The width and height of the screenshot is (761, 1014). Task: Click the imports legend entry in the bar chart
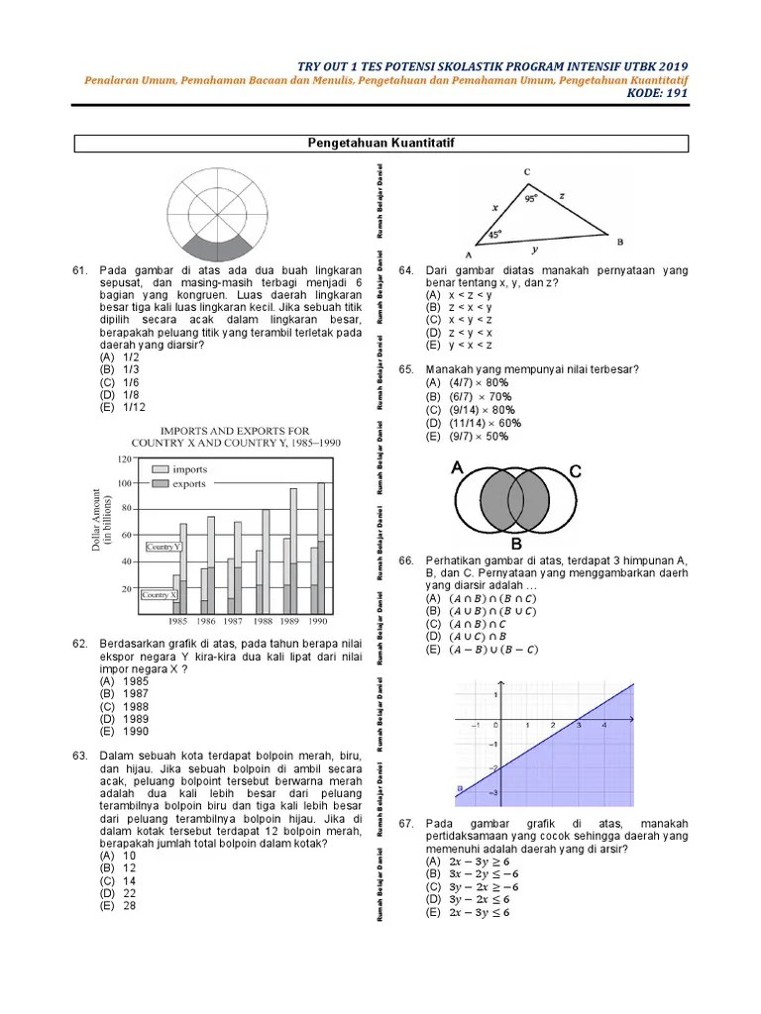click(189, 469)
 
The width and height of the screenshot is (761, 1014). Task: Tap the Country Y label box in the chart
click(163, 547)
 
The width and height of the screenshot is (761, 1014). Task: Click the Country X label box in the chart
click(160, 595)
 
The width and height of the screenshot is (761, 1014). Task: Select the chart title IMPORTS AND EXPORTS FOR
click(235, 431)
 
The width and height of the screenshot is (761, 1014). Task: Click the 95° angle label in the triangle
click(532, 198)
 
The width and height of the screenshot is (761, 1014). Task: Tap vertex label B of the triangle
click(620, 242)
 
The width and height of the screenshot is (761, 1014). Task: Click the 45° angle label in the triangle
click(496, 235)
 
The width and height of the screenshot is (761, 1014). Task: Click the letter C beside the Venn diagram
click(575, 472)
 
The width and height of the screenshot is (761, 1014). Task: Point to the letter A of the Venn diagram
click(457, 467)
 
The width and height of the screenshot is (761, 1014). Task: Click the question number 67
click(405, 824)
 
